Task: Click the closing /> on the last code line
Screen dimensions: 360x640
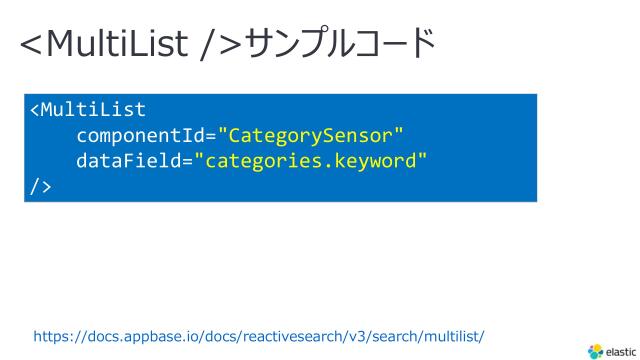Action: coord(40,185)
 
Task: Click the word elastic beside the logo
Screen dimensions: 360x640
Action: coord(620,351)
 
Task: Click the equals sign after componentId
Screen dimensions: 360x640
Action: coord(211,135)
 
